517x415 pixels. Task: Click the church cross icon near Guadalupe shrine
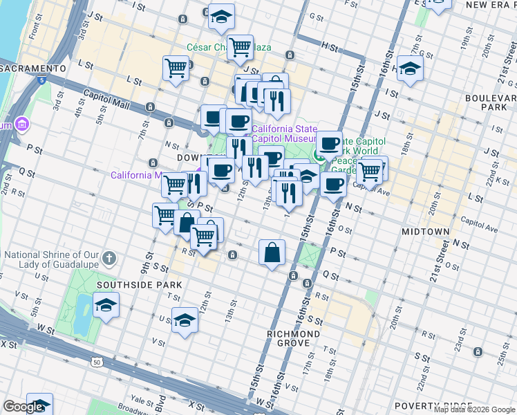tap(109, 259)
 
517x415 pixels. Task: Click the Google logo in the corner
tap(23, 407)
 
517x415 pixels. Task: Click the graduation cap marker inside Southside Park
tap(106, 304)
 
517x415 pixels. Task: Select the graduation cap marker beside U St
tap(185, 320)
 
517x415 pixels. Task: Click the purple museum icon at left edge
tap(22, 124)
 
